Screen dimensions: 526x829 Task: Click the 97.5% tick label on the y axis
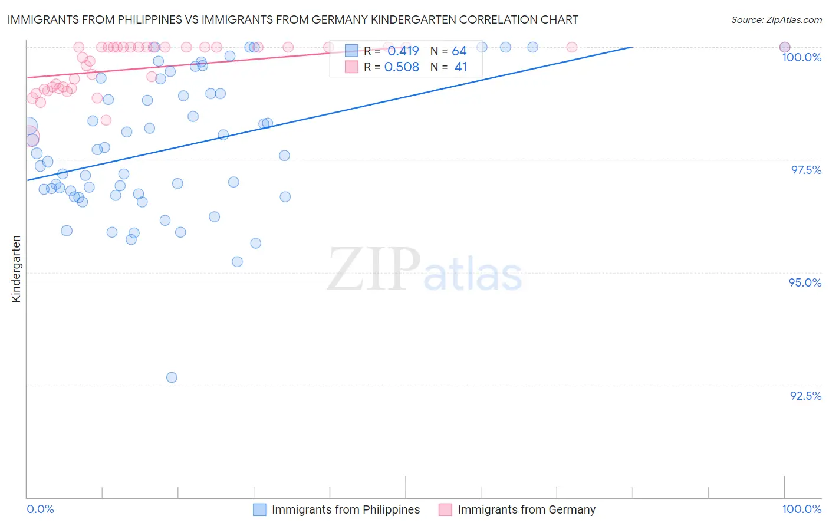point(805,170)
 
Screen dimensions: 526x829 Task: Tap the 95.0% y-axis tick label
point(805,282)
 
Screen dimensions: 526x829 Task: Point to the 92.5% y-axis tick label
point(805,396)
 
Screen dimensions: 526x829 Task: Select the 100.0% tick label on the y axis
point(801,57)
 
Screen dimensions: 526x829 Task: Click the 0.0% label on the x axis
point(40,509)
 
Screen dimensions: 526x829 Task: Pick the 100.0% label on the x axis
point(801,509)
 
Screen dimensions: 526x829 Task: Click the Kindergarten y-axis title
point(17,269)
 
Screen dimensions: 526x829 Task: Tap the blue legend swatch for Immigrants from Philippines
point(260,509)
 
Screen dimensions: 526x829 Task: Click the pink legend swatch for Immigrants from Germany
point(445,509)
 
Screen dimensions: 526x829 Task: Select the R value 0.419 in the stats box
point(403,51)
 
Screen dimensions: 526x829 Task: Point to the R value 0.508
point(402,67)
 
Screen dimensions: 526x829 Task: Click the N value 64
point(459,51)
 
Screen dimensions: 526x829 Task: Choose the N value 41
point(460,67)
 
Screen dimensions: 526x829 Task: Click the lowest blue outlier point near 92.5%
point(172,377)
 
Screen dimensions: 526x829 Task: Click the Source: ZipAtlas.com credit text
point(776,20)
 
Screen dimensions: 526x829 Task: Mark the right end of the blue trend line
point(632,47)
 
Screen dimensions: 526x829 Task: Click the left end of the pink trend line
point(27,77)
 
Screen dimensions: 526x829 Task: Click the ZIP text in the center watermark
point(373,269)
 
